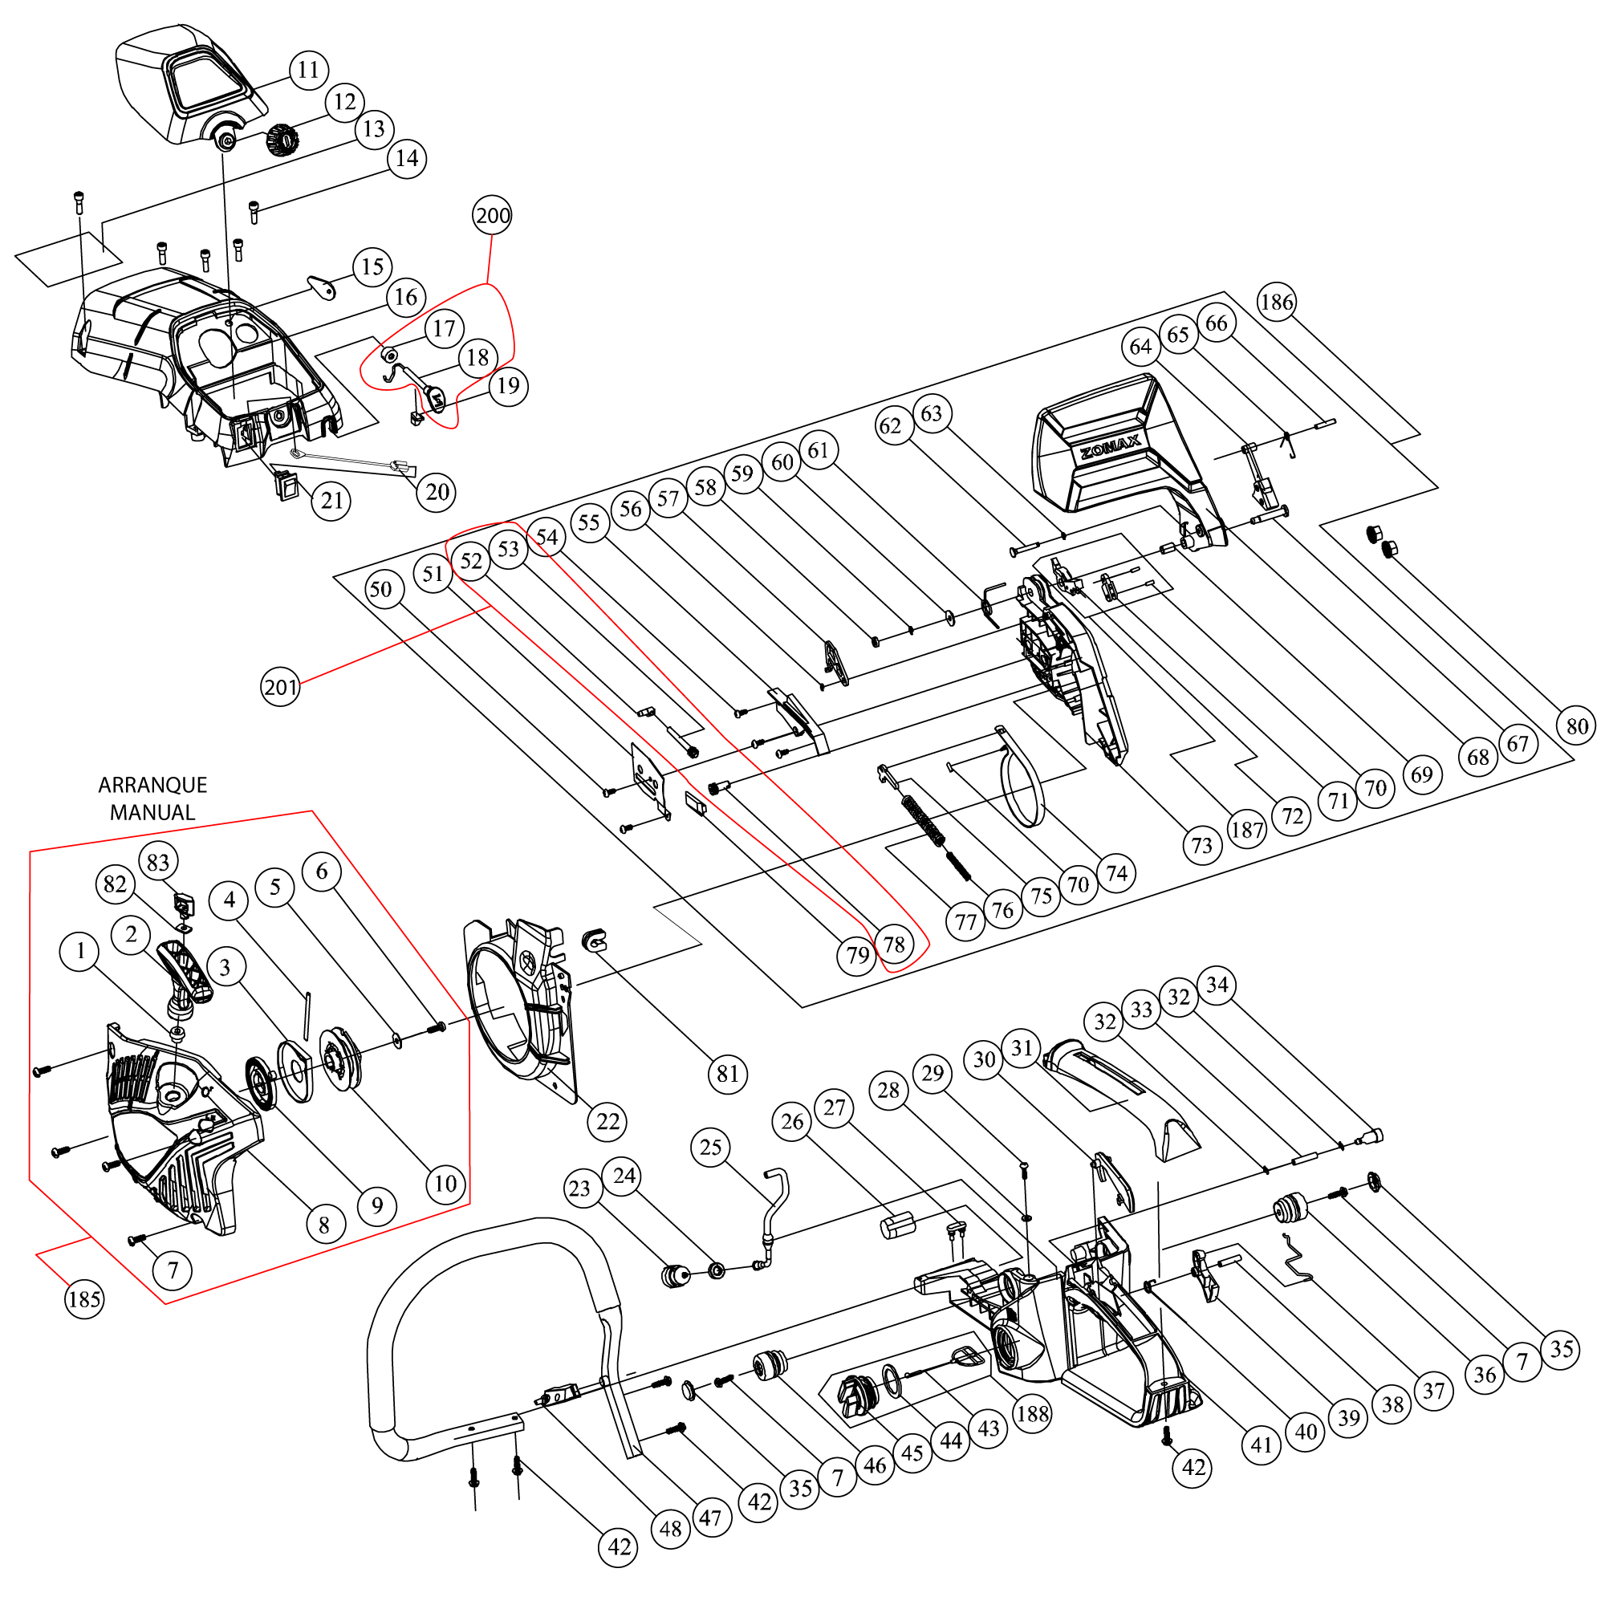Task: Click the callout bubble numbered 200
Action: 492,216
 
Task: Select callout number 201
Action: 280,687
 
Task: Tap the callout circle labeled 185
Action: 84,1298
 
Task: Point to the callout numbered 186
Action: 1276,303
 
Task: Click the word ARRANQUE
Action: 152,785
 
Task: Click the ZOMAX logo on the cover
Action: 1110,449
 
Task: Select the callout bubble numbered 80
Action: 1576,727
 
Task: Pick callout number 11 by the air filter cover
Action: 308,70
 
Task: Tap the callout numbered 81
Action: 728,1075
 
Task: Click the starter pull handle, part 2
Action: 186,972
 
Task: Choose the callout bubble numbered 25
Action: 710,1148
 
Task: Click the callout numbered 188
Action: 1033,1413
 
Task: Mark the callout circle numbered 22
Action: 608,1122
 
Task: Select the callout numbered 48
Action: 670,1529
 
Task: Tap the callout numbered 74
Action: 1116,873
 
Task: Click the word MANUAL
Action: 152,812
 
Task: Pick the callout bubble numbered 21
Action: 332,501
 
